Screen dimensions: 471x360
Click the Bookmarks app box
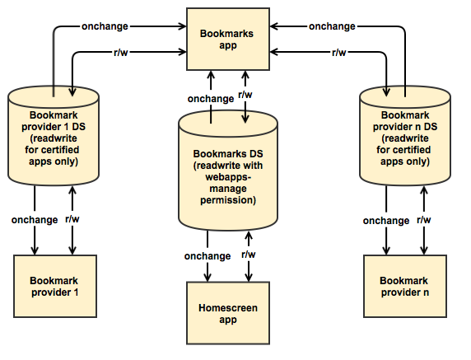(228, 39)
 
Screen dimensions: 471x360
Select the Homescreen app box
(228, 313)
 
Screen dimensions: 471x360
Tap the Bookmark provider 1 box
(55, 286)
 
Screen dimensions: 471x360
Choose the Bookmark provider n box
(405, 286)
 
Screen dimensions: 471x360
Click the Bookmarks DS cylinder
(228, 171)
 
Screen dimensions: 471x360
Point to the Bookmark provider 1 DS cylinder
(54, 136)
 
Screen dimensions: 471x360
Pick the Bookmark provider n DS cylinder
(405, 136)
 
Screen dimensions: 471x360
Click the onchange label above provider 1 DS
(105, 26)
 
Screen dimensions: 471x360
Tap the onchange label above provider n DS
(332, 26)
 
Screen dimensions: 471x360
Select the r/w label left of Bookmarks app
(121, 53)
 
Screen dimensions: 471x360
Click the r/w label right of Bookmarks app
(338, 53)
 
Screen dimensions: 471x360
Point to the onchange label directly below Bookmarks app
(211, 99)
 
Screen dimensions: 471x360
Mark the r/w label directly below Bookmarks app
(245, 95)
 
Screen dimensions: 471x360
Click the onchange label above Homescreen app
(208, 256)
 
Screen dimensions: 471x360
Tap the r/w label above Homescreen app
(249, 255)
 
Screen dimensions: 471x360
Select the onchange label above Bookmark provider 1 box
(35, 220)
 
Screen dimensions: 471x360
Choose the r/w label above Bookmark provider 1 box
(72, 219)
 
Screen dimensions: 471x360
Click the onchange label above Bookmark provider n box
(386, 221)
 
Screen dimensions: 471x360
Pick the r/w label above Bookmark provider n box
(424, 220)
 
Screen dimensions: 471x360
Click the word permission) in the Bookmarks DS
(228, 200)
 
